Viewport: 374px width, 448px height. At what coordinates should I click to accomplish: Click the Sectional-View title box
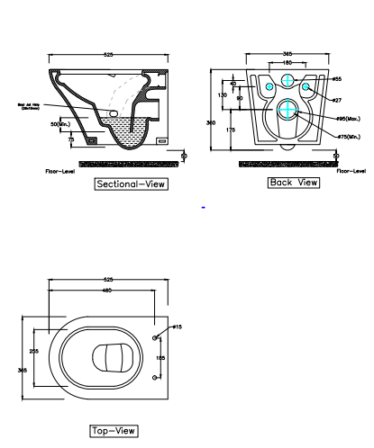(x=132, y=184)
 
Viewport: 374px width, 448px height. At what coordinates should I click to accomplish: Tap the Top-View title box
(x=113, y=430)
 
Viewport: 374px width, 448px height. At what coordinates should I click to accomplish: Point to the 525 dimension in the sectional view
(x=109, y=56)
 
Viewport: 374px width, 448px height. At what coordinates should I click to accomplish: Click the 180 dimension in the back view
(x=287, y=63)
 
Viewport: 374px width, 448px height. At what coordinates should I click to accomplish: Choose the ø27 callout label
(x=335, y=100)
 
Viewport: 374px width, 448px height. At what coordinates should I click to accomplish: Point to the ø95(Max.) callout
(x=348, y=119)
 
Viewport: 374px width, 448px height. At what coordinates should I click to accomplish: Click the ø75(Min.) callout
(x=348, y=137)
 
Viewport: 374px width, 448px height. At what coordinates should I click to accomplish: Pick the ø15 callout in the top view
(x=177, y=327)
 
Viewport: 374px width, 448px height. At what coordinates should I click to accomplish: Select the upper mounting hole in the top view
(x=156, y=337)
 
